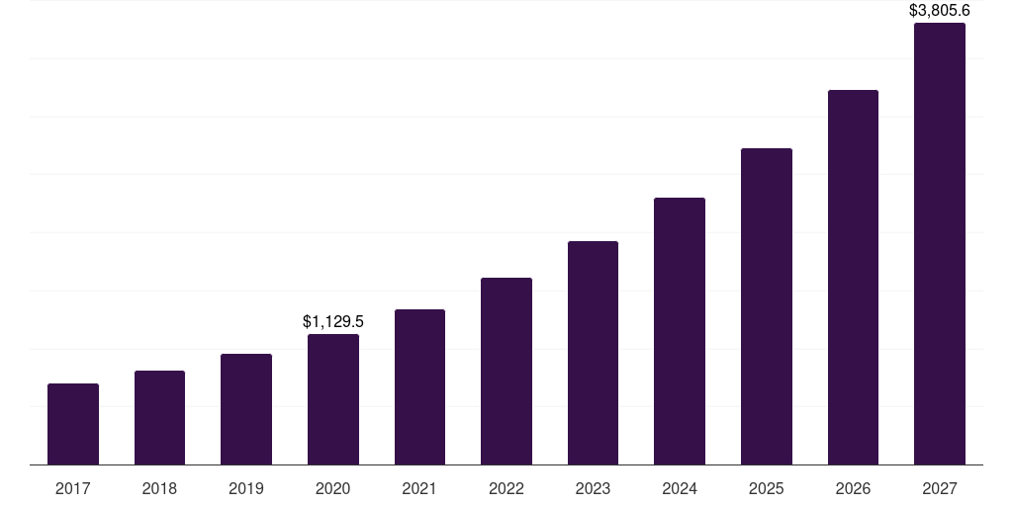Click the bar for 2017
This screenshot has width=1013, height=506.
tap(73, 424)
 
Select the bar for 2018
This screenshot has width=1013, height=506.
tap(159, 417)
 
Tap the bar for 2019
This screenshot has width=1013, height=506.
tap(246, 409)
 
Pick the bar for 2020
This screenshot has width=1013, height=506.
tap(333, 399)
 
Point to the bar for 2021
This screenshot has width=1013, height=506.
tap(419, 386)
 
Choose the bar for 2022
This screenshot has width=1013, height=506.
tap(506, 371)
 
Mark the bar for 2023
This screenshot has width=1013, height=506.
tap(593, 353)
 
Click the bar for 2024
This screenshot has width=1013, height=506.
tap(680, 331)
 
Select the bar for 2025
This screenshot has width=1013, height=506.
tap(767, 306)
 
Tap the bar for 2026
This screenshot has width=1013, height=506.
tap(853, 277)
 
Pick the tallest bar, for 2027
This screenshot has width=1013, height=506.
tap(940, 243)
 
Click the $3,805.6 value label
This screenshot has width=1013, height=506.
tap(940, 11)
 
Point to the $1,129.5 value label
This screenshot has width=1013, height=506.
tap(333, 321)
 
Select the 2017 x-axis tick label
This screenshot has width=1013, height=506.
tap(73, 488)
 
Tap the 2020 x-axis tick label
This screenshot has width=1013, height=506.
tap(333, 488)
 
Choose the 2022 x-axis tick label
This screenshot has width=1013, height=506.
tap(506, 488)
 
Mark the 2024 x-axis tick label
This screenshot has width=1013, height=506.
tap(680, 488)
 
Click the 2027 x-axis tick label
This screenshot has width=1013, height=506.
tap(940, 488)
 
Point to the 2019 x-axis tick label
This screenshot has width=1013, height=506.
tap(246, 488)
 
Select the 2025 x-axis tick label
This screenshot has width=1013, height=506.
tap(767, 488)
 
